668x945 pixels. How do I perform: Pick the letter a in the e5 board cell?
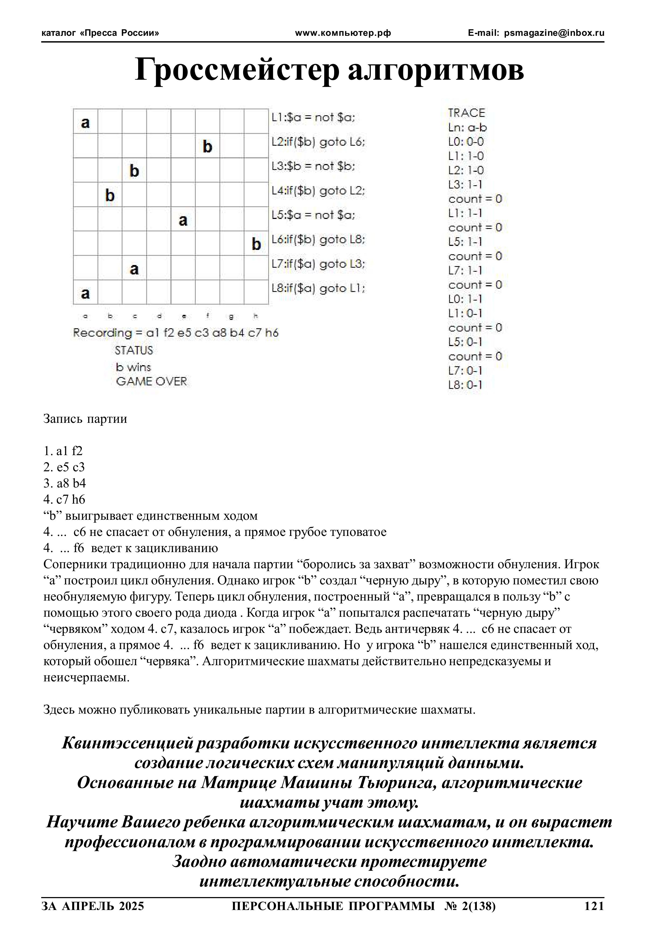[x=183, y=220]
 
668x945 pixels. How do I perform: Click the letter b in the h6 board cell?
[x=256, y=245]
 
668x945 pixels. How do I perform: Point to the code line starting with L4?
[x=318, y=191]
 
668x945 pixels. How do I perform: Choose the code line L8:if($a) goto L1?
[x=318, y=288]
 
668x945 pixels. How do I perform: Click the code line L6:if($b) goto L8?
[x=318, y=239]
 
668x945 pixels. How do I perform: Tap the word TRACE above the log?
[x=466, y=113]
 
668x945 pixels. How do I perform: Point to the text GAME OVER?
[x=152, y=382]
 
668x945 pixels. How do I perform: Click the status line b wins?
[x=133, y=367]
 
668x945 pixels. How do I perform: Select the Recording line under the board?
[x=176, y=333]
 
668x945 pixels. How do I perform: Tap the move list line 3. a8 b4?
[x=65, y=483]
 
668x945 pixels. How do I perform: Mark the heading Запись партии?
[x=85, y=419]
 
